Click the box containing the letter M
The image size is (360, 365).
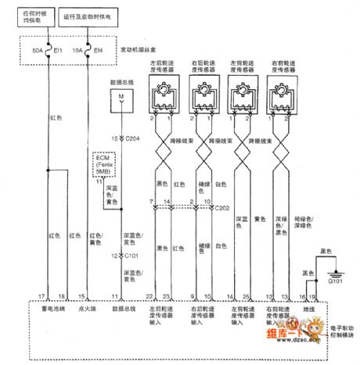121,96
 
